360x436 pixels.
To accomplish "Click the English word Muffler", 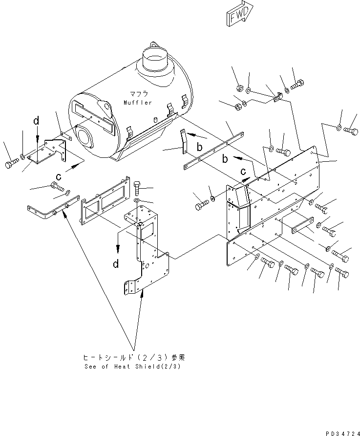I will [138, 103].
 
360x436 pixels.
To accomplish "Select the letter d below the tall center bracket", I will [116, 264].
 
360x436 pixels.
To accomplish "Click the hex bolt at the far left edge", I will [11, 165].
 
